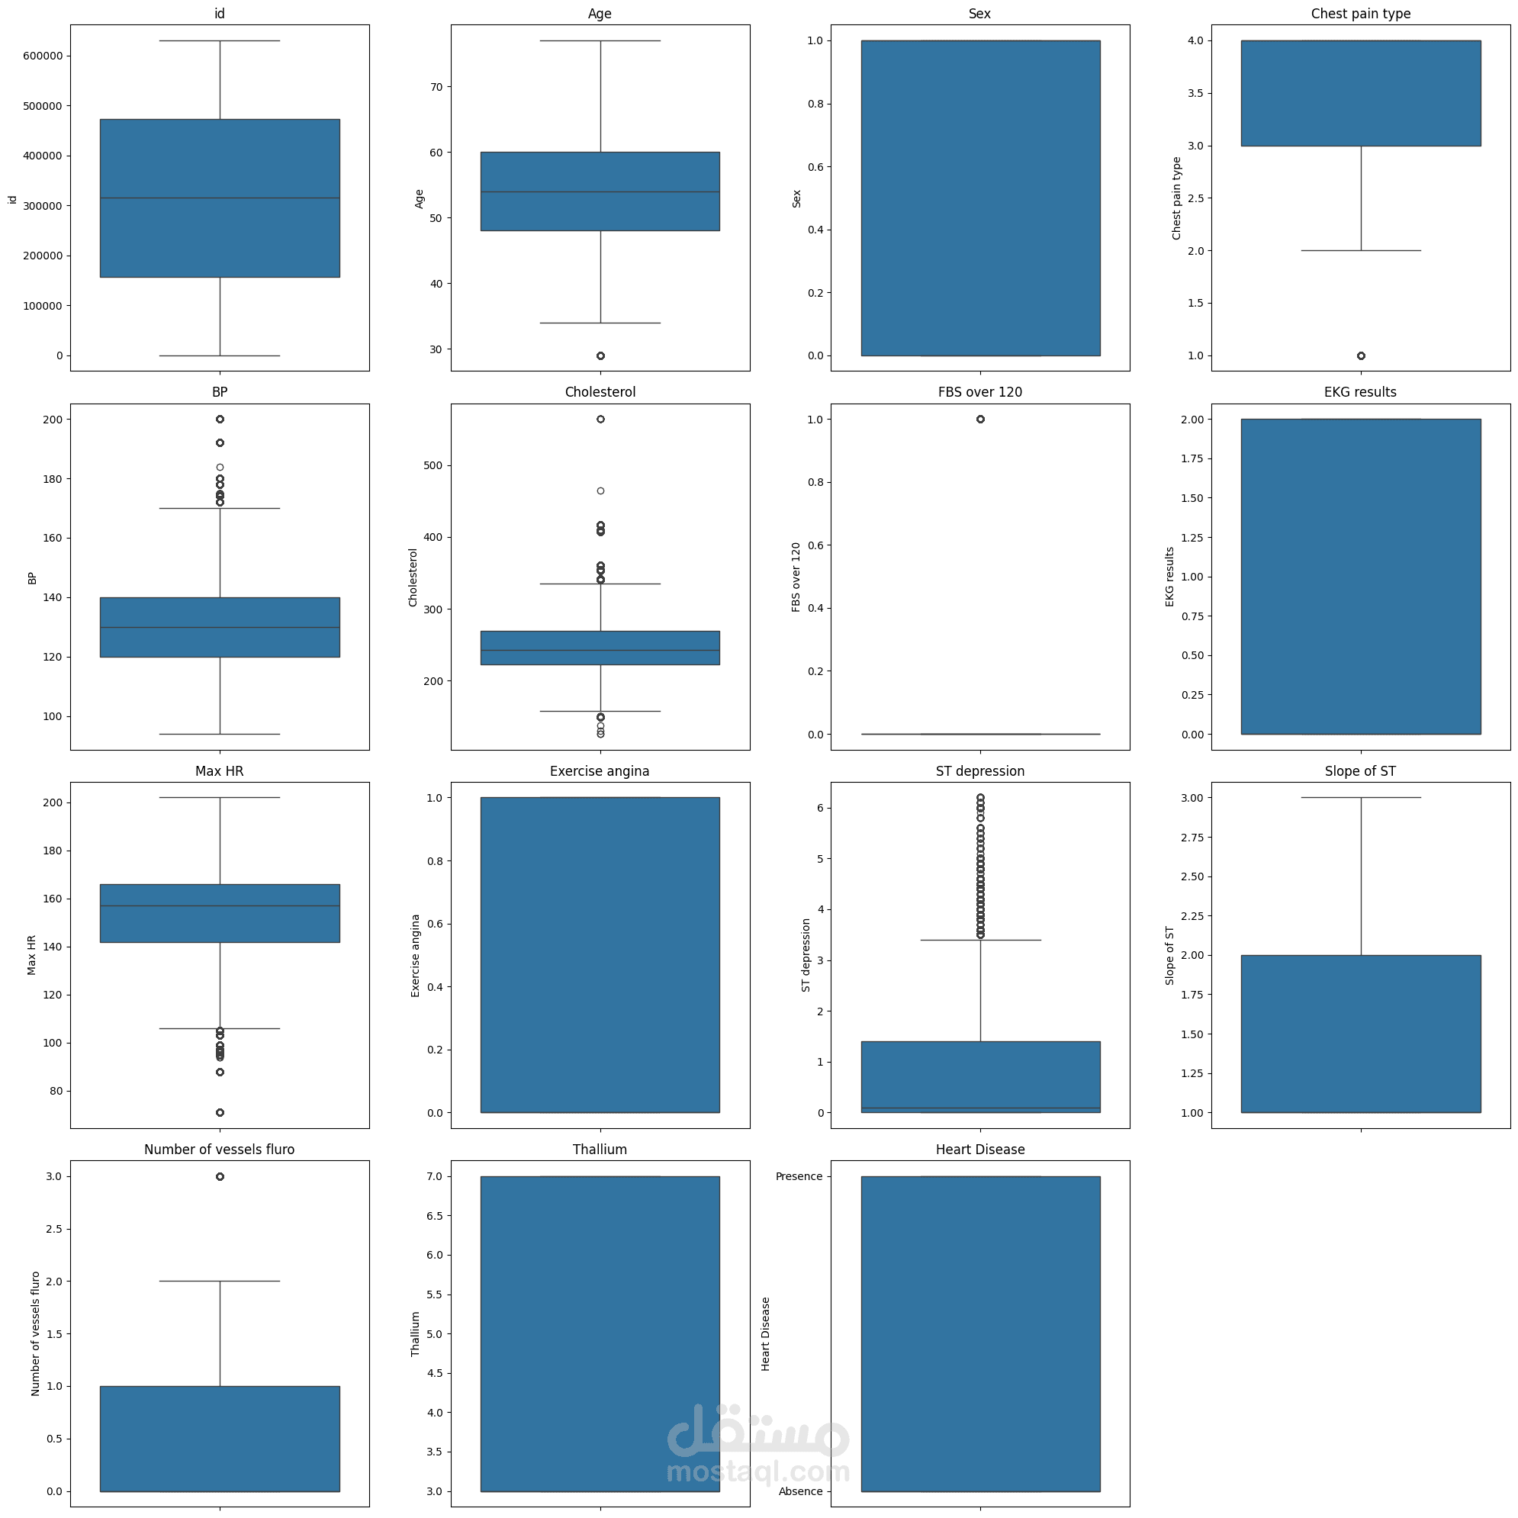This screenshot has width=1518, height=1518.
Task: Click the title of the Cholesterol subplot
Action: pyautogui.click(x=600, y=392)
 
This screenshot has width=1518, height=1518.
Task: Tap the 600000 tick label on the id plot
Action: pyautogui.click(x=43, y=56)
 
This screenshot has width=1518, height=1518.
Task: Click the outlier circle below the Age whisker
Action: pyautogui.click(x=600, y=356)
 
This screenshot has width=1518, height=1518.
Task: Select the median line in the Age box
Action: pyautogui.click(x=600, y=191)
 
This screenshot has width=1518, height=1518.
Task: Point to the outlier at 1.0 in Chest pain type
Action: pyautogui.click(x=1361, y=356)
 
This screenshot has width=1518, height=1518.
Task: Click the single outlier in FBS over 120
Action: pyautogui.click(x=979, y=419)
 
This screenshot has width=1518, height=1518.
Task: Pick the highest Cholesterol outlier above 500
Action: pyautogui.click(x=600, y=419)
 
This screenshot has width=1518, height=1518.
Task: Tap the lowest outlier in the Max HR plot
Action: pyautogui.click(x=220, y=1113)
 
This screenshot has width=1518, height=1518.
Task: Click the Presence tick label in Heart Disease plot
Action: pyautogui.click(x=799, y=1176)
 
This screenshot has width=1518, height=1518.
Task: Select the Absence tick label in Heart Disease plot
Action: pyautogui.click(x=800, y=1491)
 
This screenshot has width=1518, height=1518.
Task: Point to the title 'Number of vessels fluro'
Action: pyautogui.click(x=219, y=1150)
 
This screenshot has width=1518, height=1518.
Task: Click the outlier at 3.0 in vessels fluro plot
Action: pyautogui.click(x=220, y=1176)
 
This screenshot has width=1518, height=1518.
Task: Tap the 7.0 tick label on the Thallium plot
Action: pyautogui.click(x=434, y=1176)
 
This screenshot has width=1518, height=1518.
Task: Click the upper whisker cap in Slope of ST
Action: pyautogui.click(x=1361, y=797)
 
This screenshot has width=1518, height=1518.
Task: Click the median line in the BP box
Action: pyautogui.click(x=220, y=627)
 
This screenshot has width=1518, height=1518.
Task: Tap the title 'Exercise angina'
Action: pyautogui.click(x=600, y=770)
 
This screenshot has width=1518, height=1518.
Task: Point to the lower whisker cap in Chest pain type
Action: pyautogui.click(x=1361, y=251)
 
